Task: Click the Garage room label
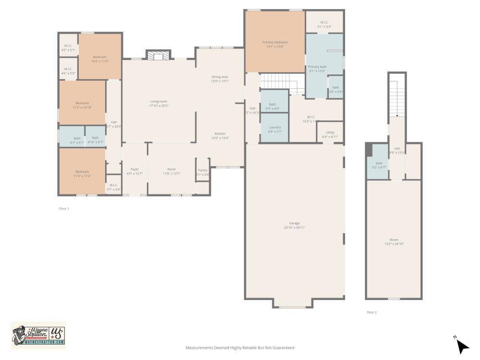[294, 223]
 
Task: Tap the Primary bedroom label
[274, 42]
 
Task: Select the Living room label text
[159, 101]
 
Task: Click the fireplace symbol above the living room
[158, 56]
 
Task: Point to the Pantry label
[203, 170]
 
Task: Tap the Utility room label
[330, 132]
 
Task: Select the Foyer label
[135, 169]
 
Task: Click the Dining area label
[219, 77]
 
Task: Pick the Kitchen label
[220, 133]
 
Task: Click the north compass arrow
[462, 346]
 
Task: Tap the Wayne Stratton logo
[38, 334]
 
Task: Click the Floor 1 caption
[64, 209]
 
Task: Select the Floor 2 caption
[372, 312]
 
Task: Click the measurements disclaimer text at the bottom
[240, 348]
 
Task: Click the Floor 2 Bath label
[379, 163]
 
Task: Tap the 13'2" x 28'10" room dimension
[394, 244]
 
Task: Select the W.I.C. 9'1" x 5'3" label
[324, 22]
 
